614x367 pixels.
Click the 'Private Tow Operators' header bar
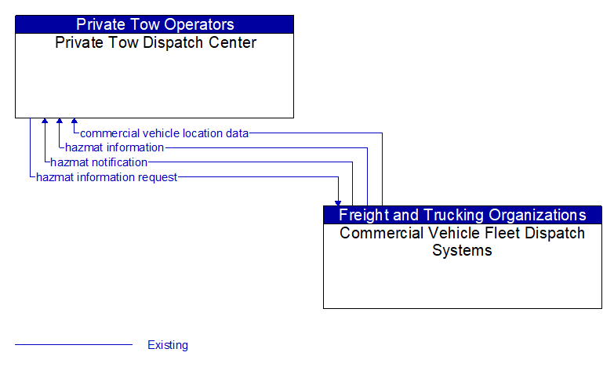point(154,24)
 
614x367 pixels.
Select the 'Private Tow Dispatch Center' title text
point(155,42)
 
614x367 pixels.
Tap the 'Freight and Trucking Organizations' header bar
point(462,215)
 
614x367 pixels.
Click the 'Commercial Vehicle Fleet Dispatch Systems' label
point(462,242)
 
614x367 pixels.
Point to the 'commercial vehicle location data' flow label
point(164,133)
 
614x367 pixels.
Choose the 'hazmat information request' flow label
point(107,177)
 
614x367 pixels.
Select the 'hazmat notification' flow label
point(99,162)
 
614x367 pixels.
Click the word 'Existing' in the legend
point(168,345)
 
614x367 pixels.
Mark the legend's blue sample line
point(74,345)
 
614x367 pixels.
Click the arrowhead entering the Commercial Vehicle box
point(338,202)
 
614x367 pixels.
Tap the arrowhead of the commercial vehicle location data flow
point(74,122)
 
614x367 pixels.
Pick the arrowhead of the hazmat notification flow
point(45,122)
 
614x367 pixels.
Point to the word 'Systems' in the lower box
point(462,251)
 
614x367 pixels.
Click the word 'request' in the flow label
point(157,177)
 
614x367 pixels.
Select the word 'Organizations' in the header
point(537,215)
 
